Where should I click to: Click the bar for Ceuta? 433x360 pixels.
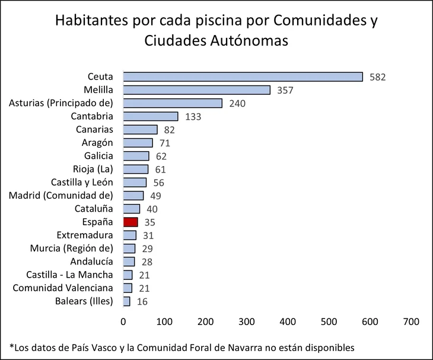243,77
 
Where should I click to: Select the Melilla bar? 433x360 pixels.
196,90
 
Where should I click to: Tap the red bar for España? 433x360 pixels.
130,222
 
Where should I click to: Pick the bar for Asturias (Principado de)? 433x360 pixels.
173,103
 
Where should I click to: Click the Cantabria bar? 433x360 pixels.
151,116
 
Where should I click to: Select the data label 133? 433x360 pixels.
193,117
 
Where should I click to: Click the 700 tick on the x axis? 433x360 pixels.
410,321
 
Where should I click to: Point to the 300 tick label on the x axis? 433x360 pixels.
247,321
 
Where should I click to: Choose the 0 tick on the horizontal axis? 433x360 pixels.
123,321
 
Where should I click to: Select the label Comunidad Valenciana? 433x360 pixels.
63,288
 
